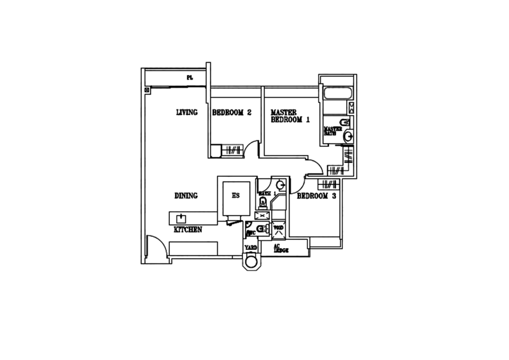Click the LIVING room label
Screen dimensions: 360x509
tap(187, 113)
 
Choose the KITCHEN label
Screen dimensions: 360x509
tap(188, 229)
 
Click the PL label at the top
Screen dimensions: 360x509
tap(189, 78)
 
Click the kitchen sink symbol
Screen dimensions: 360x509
tap(181, 217)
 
